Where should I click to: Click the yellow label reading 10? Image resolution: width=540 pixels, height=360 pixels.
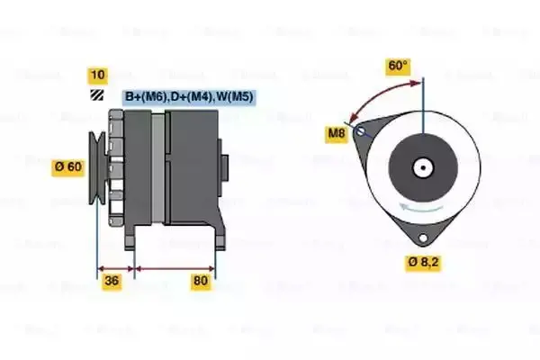click(97, 75)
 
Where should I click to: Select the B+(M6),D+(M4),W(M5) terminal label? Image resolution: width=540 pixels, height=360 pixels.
click(188, 96)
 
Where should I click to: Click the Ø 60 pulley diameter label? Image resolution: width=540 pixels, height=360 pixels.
click(68, 166)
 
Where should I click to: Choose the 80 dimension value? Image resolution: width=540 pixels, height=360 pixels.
click(201, 282)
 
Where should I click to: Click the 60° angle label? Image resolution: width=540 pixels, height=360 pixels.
click(398, 66)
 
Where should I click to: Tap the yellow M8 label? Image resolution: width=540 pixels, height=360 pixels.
click(337, 135)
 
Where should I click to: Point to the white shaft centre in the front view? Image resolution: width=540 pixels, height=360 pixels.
click(421, 166)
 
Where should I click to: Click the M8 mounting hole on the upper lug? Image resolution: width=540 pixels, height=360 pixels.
click(360, 132)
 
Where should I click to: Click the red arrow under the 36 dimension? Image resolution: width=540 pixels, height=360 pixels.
click(114, 268)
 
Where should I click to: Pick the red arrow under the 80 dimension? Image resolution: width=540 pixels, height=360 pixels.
click(174, 268)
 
